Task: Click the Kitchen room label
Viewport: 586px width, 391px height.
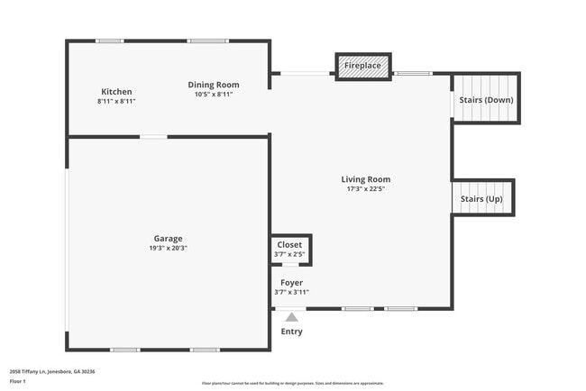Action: [116, 92]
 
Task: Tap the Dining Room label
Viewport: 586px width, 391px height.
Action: [214, 85]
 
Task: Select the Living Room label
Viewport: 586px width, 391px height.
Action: [365, 179]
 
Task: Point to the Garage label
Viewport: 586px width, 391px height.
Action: [167, 239]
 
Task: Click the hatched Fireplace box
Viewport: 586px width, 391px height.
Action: [363, 66]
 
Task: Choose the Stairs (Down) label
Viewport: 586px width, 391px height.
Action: [486, 99]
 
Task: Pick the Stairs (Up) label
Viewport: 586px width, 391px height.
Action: [481, 198]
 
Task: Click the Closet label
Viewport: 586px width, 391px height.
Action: [289, 245]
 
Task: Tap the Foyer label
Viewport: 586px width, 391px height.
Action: [290, 283]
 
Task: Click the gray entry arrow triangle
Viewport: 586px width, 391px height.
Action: [291, 316]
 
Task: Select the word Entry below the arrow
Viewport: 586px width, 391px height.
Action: [291, 332]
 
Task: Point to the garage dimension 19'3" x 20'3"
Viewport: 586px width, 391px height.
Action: [168, 249]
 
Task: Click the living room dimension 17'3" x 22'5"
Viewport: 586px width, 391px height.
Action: [365, 189]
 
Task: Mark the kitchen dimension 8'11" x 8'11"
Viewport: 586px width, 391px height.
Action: [116, 101]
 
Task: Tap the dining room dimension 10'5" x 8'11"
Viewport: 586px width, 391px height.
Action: [214, 95]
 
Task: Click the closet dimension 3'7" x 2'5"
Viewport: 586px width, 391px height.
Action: [289, 255]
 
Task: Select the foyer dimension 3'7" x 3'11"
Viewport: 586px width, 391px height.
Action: [290, 292]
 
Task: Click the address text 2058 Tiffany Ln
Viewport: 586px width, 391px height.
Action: [52, 371]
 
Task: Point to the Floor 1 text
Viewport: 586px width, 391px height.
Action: [18, 381]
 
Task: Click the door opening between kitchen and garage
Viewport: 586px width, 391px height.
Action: [153, 137]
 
